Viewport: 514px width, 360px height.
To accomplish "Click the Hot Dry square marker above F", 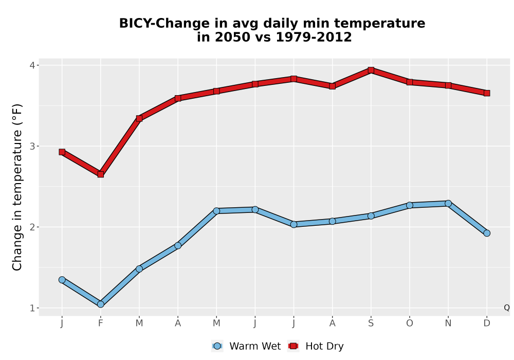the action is pos(101,174).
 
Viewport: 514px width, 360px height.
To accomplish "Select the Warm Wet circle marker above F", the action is pos(101,304).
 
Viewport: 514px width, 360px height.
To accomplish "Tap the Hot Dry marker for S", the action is pos(371,70).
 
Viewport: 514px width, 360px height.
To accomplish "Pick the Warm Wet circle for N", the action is pos(448,203).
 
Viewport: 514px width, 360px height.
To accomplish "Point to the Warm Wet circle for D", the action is pos(487,233).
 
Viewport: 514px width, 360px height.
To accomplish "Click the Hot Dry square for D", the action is pos(487,93).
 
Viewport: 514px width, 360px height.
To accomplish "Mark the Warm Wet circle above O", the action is pos(410,205).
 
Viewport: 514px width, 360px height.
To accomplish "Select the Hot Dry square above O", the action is pos(410,82).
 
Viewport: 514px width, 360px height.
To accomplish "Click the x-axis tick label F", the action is pos(101,323).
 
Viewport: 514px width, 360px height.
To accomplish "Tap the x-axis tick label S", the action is pos(371,323).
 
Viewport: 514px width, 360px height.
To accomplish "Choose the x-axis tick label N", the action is pos(448,323).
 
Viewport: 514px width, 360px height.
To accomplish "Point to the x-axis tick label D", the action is pos(487,323).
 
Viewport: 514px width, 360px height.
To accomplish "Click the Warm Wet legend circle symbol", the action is pos(217,346).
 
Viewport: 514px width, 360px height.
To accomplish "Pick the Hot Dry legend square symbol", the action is pos(293,346).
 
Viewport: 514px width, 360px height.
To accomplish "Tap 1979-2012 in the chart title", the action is pos(314,37).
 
